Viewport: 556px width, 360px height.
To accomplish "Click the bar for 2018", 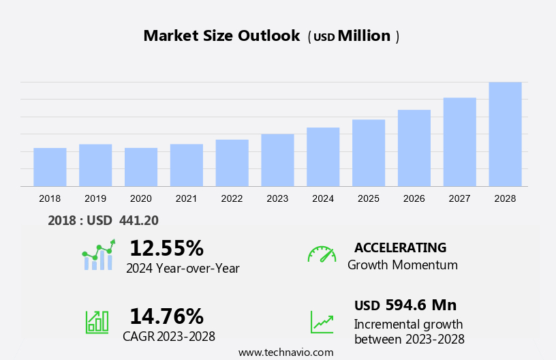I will [x=50, y=167].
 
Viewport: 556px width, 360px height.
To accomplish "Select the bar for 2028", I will [x=505, y=134].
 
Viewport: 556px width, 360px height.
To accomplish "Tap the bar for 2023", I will [x=277, y=160].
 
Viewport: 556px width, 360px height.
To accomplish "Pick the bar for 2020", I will [x=141, y=167].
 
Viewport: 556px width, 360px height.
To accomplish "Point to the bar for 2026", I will [x=414, y=148].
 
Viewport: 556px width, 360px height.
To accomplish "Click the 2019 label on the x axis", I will [x=95, y=198].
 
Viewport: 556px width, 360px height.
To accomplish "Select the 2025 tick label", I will [x=369, y=198].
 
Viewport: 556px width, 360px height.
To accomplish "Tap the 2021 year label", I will [x=186, y=198].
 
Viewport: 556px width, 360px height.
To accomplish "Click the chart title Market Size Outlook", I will [x=221, y=36].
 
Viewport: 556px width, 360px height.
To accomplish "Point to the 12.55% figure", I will [x=166, y=247].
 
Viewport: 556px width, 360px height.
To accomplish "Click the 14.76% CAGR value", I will [x=166, y=316].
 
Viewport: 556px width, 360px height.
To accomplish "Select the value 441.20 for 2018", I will [x=138, y=220].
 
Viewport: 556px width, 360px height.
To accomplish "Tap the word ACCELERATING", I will [x=400, y=247].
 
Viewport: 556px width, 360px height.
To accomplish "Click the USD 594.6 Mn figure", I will [x=405, y=305].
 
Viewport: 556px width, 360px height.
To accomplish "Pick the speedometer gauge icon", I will [x=322, y=254].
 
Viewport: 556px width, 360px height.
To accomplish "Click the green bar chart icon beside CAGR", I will [x=97, y=322].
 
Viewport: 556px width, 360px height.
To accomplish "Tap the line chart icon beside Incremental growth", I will [x=322, y=322].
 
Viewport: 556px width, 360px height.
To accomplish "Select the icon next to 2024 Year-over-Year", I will [x=98, y=255].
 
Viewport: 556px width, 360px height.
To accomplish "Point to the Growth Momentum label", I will [x=403, y=265].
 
